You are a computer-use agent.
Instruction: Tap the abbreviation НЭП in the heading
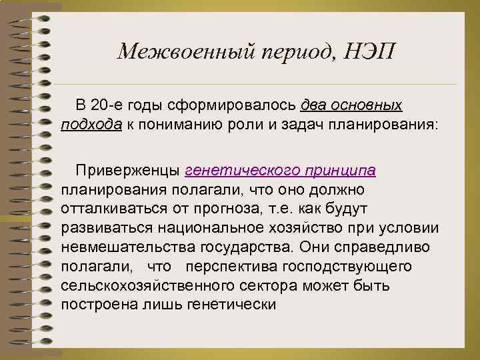click(x=370, y=53)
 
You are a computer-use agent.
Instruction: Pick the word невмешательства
click(x=128, y=248)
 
